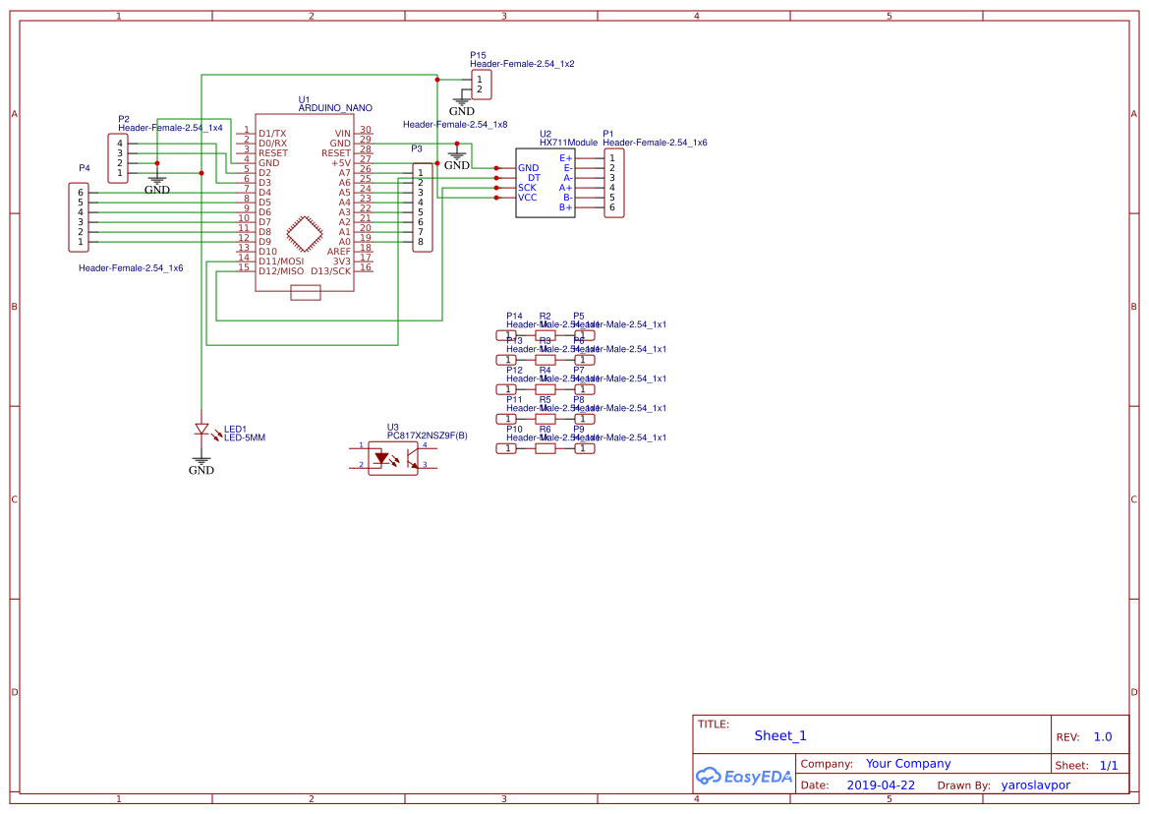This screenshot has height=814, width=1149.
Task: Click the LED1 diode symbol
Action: point(201,430)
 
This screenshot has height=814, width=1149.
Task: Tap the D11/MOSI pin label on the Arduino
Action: point(280,262)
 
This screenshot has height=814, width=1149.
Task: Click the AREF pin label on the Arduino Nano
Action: point(338,252)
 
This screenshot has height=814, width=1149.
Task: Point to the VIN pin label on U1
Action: point(342,134)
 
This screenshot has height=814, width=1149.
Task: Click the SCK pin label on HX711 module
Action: point(528,188)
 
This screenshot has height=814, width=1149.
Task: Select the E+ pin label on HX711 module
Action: point(565,158)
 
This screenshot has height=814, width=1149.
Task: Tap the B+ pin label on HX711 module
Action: point(565,207)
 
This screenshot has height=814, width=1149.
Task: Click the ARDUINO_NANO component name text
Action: point(334,108)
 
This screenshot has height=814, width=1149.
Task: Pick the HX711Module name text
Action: point(568,143)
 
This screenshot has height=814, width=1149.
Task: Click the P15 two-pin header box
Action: point(480,85)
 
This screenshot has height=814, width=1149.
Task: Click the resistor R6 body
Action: point(545,448)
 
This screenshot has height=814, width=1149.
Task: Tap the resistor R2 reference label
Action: point(545,317)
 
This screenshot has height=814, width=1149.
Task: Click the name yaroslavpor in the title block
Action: point(1035,785)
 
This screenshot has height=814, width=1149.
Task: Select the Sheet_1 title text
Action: point(780,735)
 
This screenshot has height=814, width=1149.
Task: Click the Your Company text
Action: point(907,764)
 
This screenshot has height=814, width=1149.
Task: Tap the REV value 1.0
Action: point(1103,736)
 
